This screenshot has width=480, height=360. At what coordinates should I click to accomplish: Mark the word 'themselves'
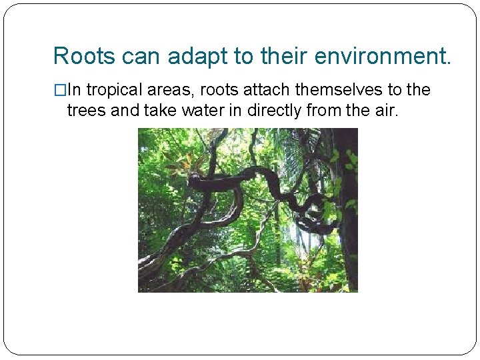pyautogui.click(x=339, y=90)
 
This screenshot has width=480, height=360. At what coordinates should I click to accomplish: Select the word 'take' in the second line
pyautogui.click(x=155, y=110)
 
